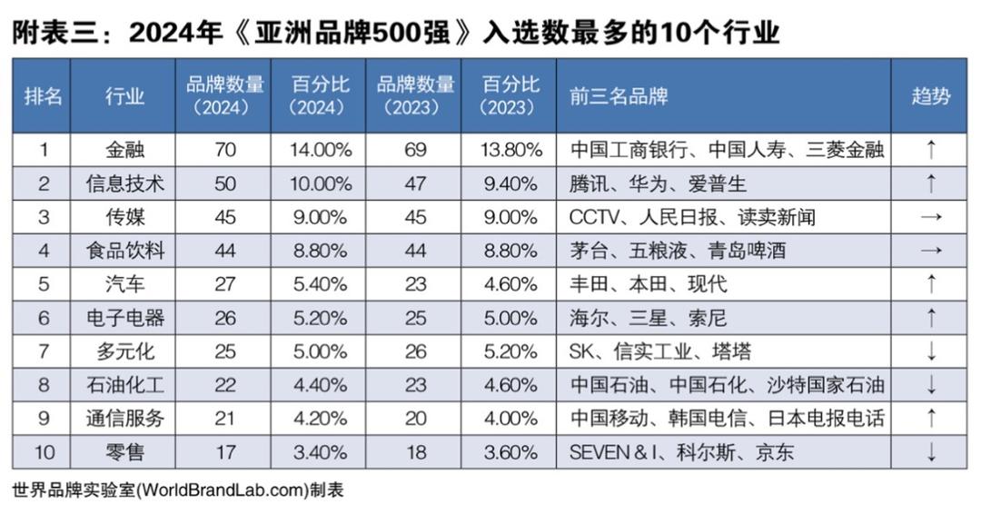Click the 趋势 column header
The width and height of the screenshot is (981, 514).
(930, 96)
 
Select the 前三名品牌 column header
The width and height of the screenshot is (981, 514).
(619, 96)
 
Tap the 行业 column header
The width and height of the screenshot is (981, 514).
(124, 96)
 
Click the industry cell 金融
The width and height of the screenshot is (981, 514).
(124, 150)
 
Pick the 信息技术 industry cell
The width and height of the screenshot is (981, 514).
(124, 183)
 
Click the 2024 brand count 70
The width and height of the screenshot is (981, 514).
(224, 150)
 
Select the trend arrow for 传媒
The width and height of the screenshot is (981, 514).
(930, 217)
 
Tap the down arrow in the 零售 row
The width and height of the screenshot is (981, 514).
(930, 451)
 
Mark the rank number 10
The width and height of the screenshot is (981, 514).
(43, 451)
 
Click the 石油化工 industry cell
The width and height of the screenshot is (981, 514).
(124, 385)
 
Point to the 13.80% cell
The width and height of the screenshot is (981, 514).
(510, 150)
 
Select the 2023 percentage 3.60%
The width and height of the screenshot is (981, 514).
(510, 451)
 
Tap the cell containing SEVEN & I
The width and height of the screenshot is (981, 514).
(681, 451)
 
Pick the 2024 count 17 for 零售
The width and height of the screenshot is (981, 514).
(224, 451)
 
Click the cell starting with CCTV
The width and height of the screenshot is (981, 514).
(691, 217)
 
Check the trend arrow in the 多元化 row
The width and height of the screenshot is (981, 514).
(930, 351)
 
